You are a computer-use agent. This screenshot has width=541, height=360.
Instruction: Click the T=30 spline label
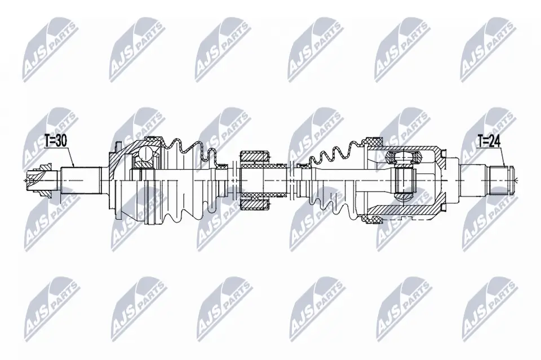56,140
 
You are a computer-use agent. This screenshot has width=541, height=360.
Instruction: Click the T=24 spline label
489,141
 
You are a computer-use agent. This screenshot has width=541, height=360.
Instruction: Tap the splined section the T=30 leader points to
81,180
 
